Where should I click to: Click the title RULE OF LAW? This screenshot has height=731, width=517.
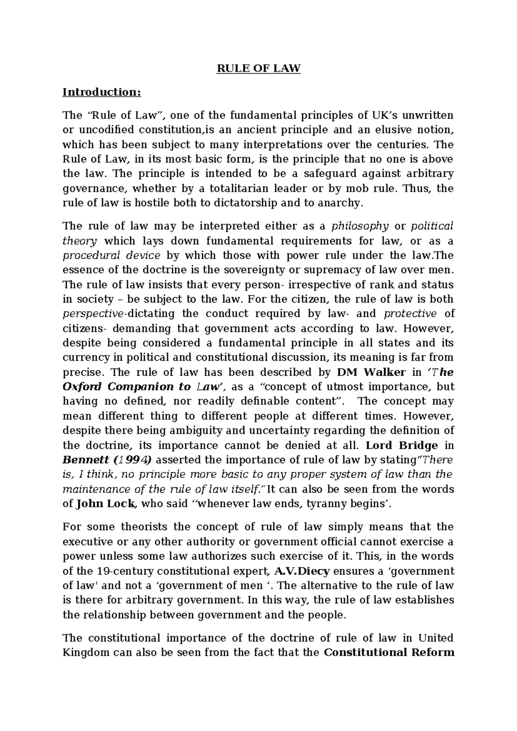258,69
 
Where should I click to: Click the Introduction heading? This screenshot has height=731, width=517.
102,92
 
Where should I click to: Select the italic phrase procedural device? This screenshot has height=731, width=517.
112,255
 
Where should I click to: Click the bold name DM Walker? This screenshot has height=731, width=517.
371,372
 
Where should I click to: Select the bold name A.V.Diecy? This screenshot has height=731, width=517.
302,572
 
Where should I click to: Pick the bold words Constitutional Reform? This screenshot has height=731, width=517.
389,652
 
